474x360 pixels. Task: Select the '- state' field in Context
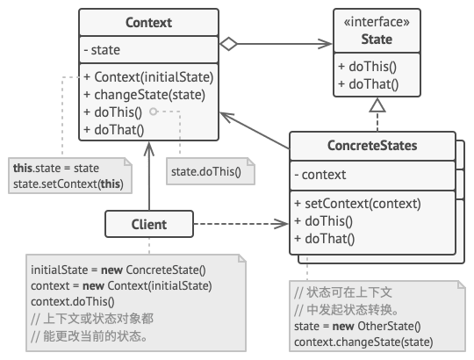pos(104,50)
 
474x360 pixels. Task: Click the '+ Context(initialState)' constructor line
pos(148,76)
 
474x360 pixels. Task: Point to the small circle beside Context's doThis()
pos(153,112)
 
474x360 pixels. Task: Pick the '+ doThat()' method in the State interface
pos(368,85)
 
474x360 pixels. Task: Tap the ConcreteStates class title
pos(373,146)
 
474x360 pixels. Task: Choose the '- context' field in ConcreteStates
pos(320,175)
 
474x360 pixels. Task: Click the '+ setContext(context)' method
pos(357,204)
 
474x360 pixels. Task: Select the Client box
pos(148,224)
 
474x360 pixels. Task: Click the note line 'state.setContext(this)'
pos(68,184)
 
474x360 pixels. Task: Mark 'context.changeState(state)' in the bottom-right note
pos(363,342)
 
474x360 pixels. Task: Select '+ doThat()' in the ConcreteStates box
pos(324,238)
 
